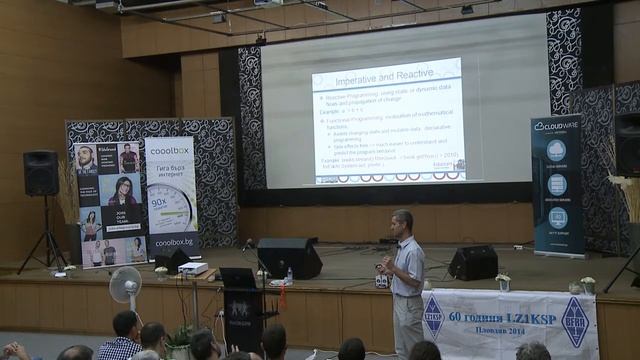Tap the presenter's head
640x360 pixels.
pos(402,221)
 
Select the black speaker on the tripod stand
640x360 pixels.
pos(41,173)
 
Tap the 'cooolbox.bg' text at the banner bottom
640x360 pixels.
pos(171,241)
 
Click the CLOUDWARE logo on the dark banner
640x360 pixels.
pos(556,127)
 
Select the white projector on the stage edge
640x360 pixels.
pos(194,268)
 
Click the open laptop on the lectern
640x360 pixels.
pos(238,278)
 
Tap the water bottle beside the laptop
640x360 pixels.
pos(289,275)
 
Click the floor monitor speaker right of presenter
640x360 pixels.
pos(473,262)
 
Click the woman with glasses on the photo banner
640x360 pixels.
pos(122,191)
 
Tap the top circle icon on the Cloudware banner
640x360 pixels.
pos(556,151)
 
